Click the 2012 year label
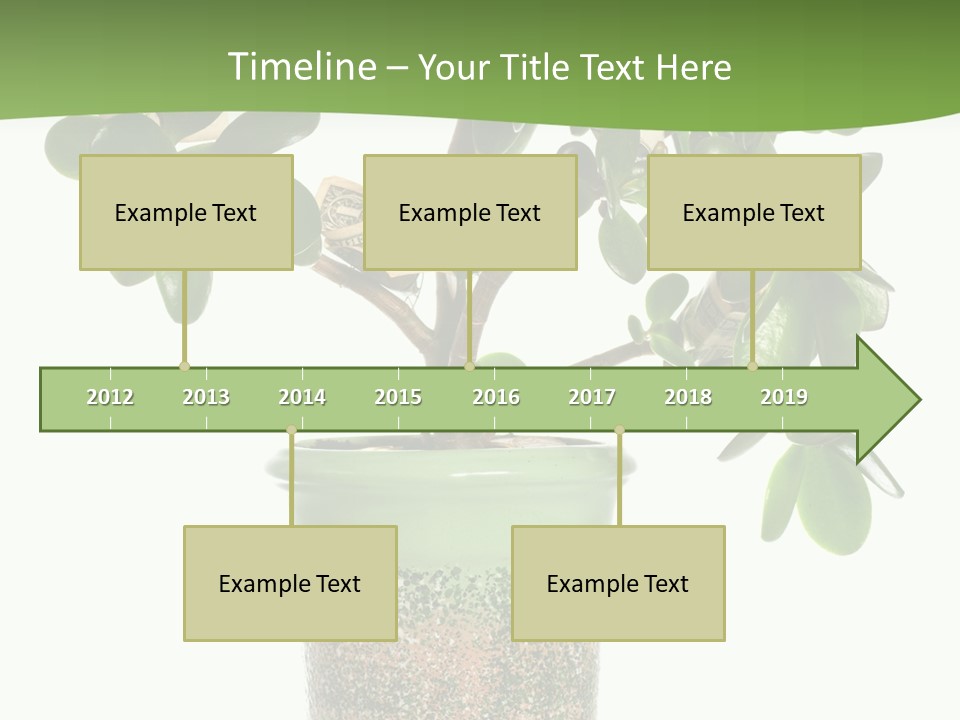point(110,397)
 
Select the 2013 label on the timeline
point(206,397)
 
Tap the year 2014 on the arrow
point(302,397)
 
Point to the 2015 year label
point(398,397)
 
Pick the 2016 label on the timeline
point(496,397)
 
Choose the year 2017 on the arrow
point(592,397)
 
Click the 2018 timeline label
point(688,397)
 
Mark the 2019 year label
point(784,397)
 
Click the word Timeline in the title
point(300,67)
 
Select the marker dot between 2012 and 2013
point(184,367)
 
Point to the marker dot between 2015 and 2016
point(469,367)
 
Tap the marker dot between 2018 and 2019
point(753,367)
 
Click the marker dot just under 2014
point(291,431)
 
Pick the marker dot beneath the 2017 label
point(619,431)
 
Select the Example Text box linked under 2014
point(290,583)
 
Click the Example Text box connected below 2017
point(618,583)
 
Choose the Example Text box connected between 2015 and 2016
point(470,212)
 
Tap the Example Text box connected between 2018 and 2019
point(754,212)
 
